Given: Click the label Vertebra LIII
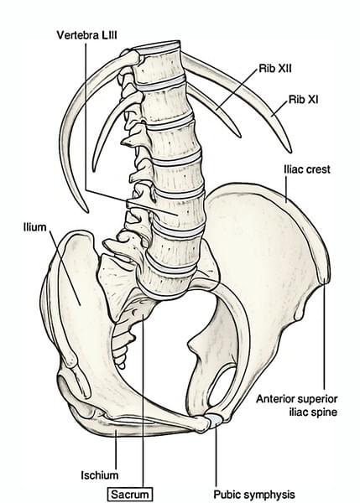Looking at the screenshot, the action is tap(86, 34).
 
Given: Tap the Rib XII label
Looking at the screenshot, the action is tap(275, 69).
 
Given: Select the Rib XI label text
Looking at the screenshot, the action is tap(304, 100).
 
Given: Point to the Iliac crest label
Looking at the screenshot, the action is tap(306, 169).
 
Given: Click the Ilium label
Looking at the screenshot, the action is tap(34, 227).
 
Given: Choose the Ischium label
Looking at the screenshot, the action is tap(100, 475).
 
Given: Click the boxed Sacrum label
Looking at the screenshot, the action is tap(130, 495).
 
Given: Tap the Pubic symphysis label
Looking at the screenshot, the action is tap(254, 495).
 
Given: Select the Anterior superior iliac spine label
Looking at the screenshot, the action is tap(297, 405).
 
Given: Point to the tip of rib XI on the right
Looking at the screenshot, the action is tap(290, 151).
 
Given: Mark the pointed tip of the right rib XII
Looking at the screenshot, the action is tap(239, 136).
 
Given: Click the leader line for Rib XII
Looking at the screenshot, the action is tap(237, 89).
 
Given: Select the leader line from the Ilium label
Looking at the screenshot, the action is tap(65, 267).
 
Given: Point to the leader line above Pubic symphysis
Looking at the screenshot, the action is tap(216, 456).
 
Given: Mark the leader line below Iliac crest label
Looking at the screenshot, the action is tap(286, 189).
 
